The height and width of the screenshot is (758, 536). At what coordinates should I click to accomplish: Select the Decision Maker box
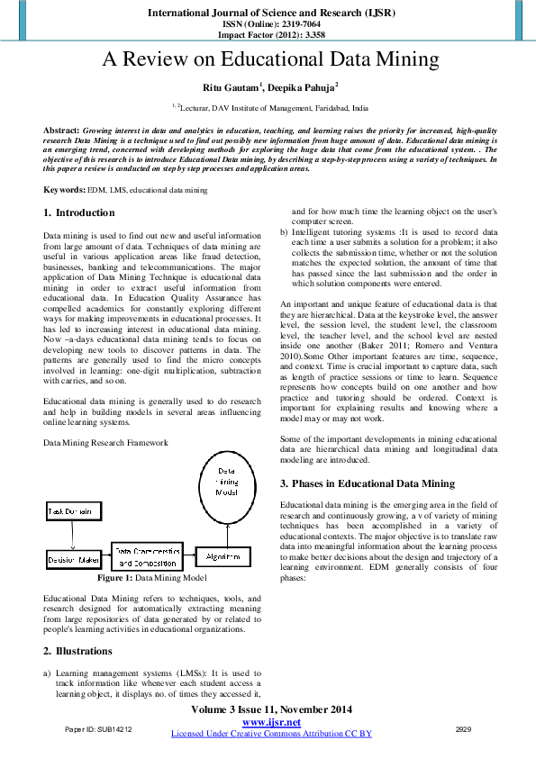coord(74,560)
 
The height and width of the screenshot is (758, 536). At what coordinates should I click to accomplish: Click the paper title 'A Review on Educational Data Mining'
coord(269,60)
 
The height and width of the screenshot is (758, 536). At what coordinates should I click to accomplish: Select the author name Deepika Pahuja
coord(301,88)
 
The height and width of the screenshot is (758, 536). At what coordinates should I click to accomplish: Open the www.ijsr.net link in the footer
coord(271,723)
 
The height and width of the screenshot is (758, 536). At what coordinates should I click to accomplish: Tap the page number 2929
coord(464,728)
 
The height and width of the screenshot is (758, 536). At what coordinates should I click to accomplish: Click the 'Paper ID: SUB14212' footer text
coord(98,728)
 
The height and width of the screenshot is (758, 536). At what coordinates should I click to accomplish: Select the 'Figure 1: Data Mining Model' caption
coord(151,577)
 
